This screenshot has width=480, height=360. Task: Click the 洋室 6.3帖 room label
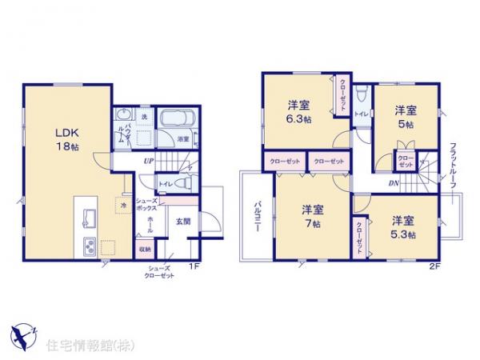(x=299, y=113)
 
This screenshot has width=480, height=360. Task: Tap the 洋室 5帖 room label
(x=406, y=118)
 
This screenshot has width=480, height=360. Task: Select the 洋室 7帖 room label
(x=312, y=216)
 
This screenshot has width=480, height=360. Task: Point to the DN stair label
(x=394, y=183)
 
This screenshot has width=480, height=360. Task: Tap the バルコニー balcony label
(x=259, y=214)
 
